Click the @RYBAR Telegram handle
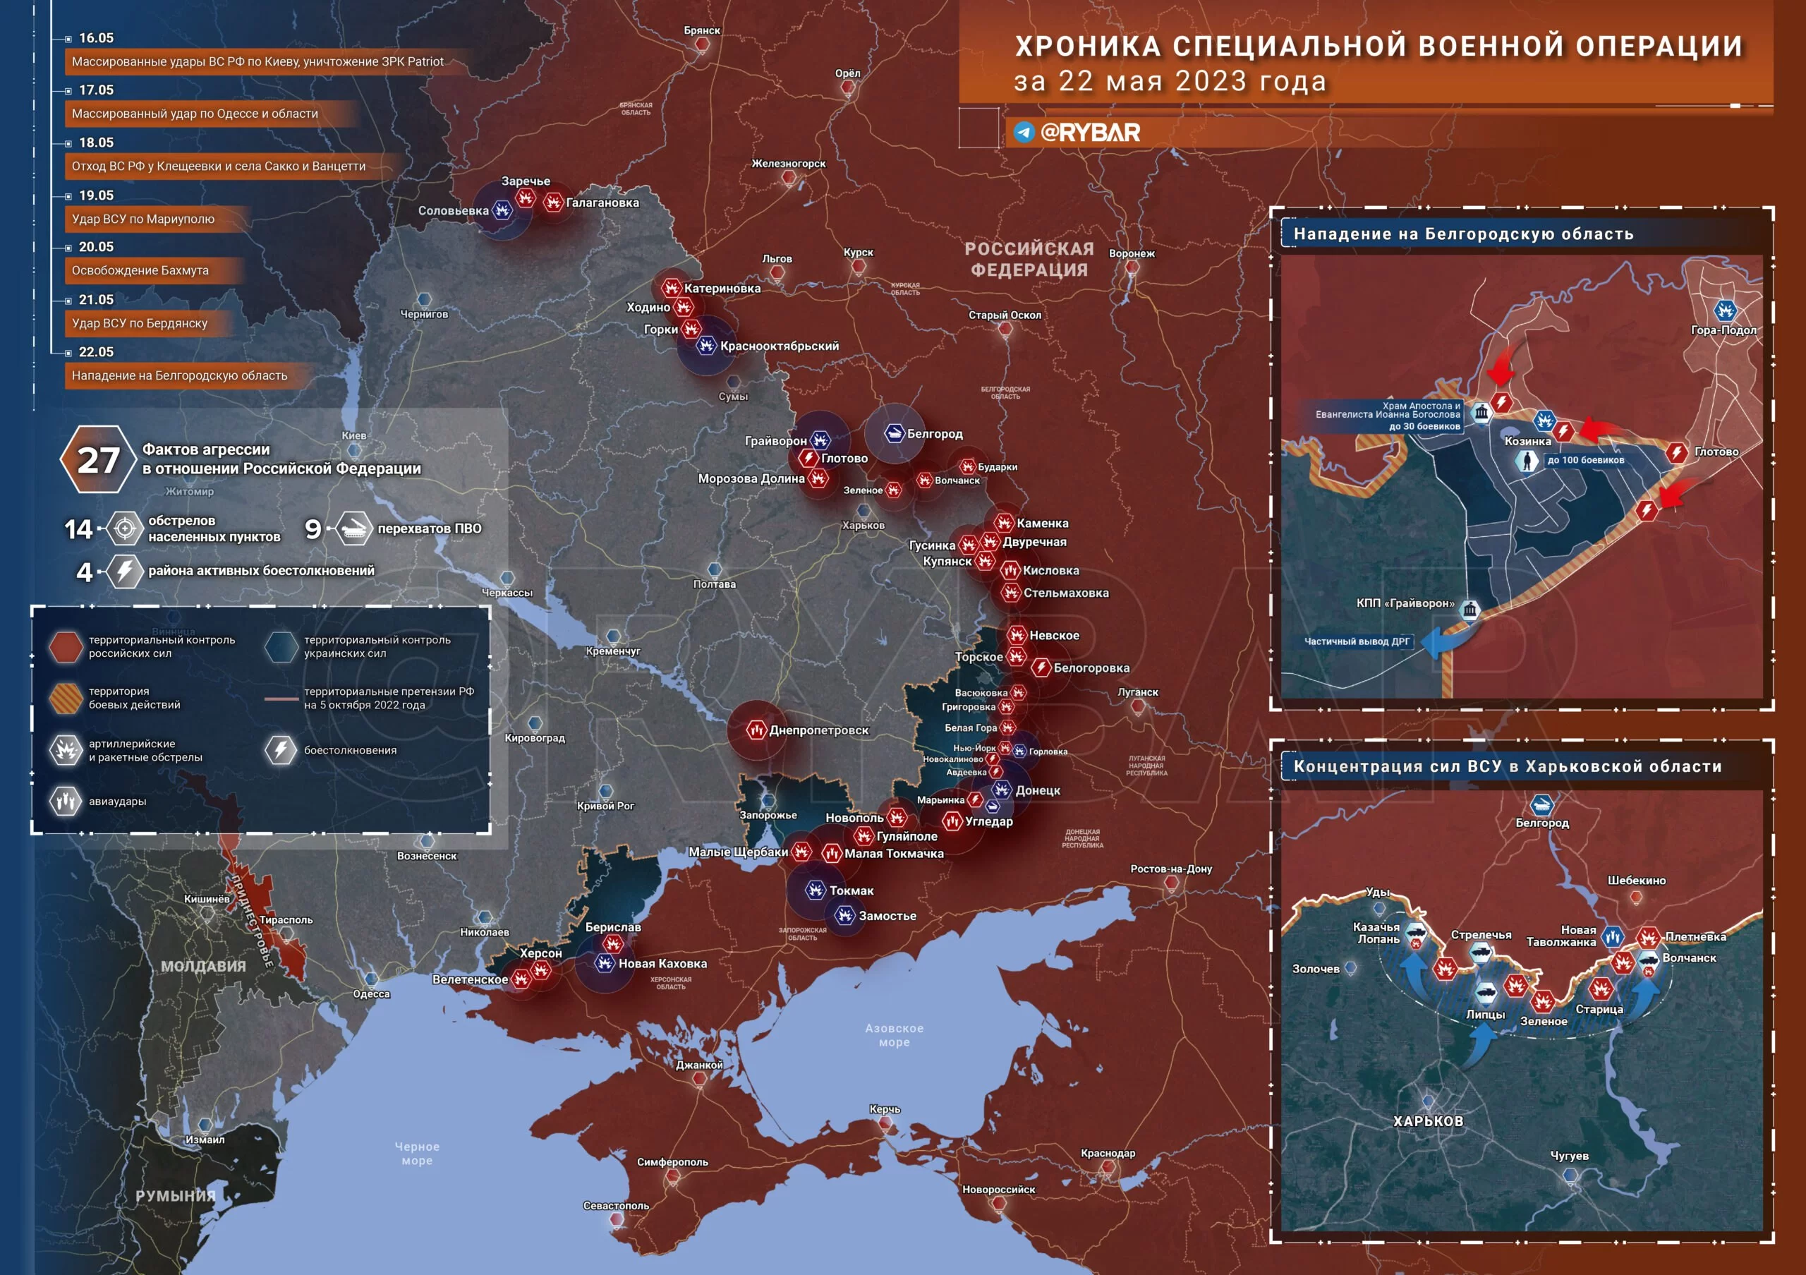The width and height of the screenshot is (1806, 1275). pyautogui.click(x=1089, y=132)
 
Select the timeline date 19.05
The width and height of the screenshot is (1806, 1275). pyautogui.click(x=96, y=195)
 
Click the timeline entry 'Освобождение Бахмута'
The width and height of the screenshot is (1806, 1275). pyautogui.click(x=140, y=270)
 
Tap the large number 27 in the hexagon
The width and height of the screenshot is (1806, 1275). pyautogui.click(x=97, y=460)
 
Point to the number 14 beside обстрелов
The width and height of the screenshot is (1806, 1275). pyautogui.click(x=78, y=529)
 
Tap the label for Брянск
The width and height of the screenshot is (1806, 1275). pyautogui.click(x=702, y=30)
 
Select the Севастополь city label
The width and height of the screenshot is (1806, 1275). pyautogui.click(x=616, y=1206)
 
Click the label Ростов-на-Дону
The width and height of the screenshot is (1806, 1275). pyautogui.click(x=1170, y=869)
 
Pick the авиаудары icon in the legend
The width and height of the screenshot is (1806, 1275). pyautogui.click(x=66, y=802)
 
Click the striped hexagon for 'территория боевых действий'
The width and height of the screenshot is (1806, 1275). pyautogui.click(x=66, y=698)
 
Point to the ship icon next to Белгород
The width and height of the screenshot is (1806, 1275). pyautogui.click(x=895, y=433)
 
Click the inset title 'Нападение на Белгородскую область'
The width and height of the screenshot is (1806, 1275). pyautogui.click(x=1463, y=234)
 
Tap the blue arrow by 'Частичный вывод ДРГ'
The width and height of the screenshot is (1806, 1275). pyautogui.click(x=1439, y=641)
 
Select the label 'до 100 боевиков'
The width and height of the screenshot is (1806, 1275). pyautogui.click(x=1585, y=460)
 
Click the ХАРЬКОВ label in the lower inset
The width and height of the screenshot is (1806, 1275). pyautogui.click(x=1428, y=1121)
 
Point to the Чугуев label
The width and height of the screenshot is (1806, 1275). pyautogui.click(x=1568, y=1156)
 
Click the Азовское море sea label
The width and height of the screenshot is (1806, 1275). pyautogui.click(x=894, y=1035)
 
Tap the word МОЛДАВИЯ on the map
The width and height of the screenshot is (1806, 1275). pyautogui.click(x=203, y=966)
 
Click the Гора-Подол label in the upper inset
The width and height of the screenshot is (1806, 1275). pyautogui.click(x=1723, y=330)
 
